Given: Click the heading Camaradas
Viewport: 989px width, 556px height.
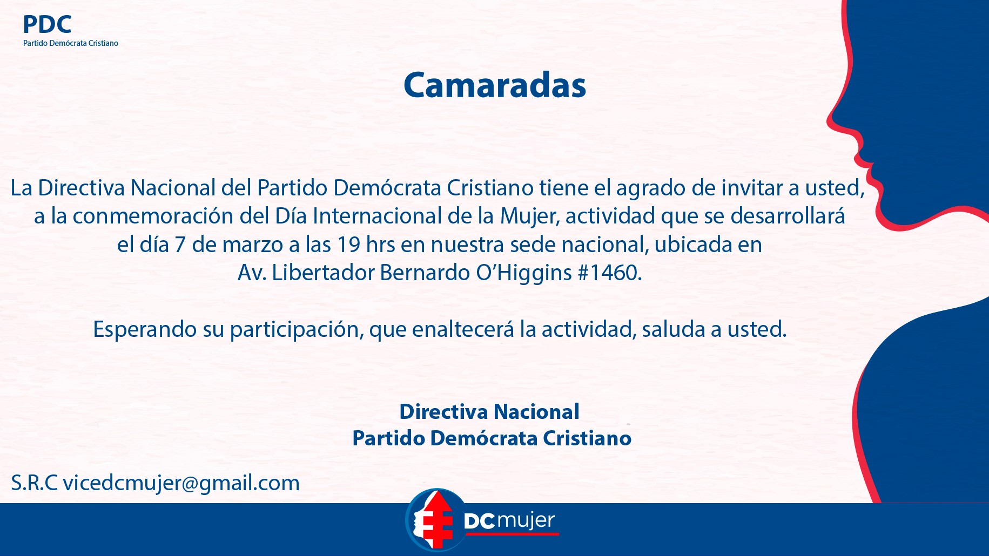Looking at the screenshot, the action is [x=495, y=85].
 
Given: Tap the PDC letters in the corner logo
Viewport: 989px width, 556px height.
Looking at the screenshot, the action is [x=47, y=24].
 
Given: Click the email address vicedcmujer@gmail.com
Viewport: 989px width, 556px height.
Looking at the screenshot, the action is [x=181, y=483].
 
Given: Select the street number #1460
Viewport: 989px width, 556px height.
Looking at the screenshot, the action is [x=610, y=273].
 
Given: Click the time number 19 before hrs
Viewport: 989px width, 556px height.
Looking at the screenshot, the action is [x=349, y=245].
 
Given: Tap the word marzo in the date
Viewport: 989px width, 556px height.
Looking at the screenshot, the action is [x=253, y=245].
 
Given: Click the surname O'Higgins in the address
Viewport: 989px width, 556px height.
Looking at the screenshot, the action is [x=524, y=273].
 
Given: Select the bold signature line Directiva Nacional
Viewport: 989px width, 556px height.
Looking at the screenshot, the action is [x=489, y=412].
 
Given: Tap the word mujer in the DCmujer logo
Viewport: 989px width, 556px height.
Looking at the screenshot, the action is [x=526, y=521].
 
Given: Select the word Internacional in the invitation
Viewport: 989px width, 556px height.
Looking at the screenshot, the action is [x=377, y=216].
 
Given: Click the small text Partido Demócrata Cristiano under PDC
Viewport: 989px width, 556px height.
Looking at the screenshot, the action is [x=71, y=43].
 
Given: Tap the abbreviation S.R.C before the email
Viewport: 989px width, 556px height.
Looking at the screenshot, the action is [x=34, y=483].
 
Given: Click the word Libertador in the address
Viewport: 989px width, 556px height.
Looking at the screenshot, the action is [x=323, y=273].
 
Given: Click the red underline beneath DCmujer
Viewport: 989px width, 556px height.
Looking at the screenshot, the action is [x=512, y=534].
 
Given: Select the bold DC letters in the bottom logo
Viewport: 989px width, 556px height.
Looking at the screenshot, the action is [x=479, y=521].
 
